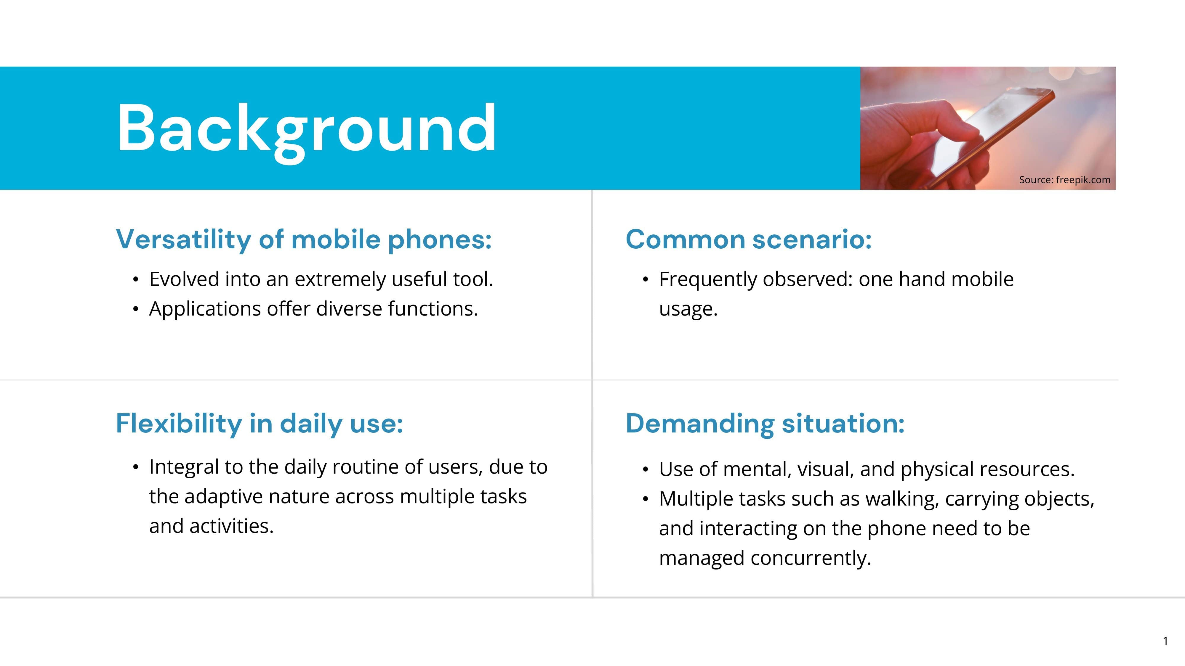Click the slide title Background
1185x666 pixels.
(x=306, y=130)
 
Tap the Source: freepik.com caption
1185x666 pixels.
(x=1064, y=180)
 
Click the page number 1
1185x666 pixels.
(x=1165, y=641)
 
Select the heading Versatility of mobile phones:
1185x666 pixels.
(x=304, y=239)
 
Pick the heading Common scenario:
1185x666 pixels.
(x=748, y=239)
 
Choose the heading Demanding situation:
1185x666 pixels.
(x=765, y=423)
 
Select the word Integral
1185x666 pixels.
(x=184, y=467)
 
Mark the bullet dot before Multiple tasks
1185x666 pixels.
(x=646, y=499)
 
